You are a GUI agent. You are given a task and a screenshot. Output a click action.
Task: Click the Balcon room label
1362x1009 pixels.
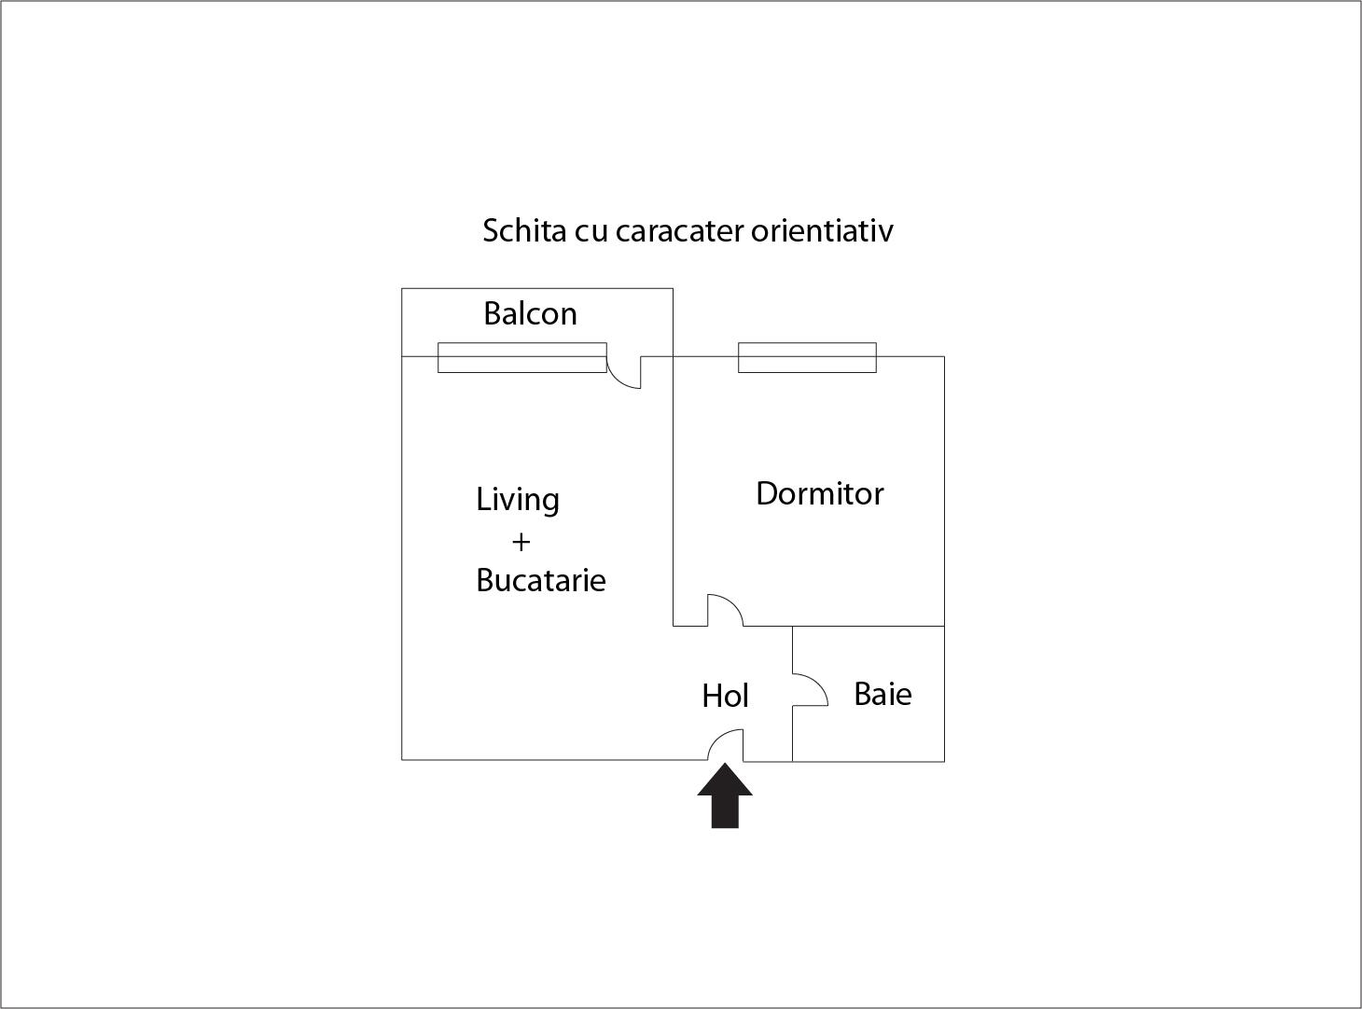point(530,314)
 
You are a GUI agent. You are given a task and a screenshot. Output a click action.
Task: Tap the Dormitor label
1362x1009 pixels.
point(820,493)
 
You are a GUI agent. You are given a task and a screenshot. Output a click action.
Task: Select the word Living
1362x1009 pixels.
point(518,501)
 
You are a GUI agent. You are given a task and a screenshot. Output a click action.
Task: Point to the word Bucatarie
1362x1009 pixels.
point(541,580)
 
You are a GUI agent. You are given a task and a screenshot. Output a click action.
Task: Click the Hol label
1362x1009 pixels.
point(725,697)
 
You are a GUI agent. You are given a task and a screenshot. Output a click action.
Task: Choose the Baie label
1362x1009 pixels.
point(883,695)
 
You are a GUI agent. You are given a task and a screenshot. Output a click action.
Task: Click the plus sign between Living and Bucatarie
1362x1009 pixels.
point(521,543)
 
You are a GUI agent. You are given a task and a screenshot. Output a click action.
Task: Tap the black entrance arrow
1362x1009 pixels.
point(725,795)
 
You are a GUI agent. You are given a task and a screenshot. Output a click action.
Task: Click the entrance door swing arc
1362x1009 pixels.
point(716,738)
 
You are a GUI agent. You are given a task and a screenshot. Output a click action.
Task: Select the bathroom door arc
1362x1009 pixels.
point(819,684)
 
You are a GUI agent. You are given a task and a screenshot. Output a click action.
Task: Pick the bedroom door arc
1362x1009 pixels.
point(734,603)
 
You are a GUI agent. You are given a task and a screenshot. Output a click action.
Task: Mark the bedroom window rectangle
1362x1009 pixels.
point(807,357)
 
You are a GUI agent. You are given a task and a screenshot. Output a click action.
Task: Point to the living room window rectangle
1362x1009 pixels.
point(522,357)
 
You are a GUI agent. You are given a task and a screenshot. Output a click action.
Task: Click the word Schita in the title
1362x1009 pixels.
point(524,231)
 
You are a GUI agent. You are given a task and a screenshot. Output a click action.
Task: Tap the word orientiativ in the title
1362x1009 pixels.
point(822,231)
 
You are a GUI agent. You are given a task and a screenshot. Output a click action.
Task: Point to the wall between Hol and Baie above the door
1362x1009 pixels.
point(792,650)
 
